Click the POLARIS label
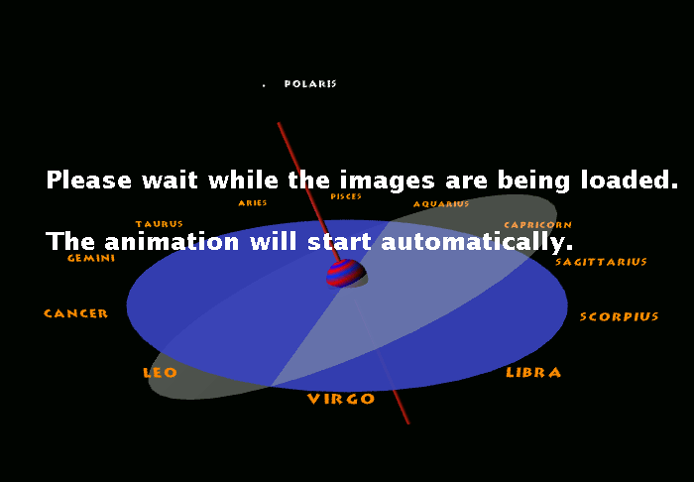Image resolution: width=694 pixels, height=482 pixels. [x=310, y=83]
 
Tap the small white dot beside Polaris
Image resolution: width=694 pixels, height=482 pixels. [x=264, y=85]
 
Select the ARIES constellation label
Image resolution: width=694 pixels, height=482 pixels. [x=253, y=202]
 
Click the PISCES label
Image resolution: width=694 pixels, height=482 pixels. [x=346, y=196]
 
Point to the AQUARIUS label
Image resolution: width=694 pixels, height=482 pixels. [x=441, y=204]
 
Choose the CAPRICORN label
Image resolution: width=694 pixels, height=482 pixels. [x=537, y=225]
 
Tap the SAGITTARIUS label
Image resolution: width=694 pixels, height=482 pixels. [x=601, y=262]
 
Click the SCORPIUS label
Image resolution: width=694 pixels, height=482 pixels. [x=620, y=316]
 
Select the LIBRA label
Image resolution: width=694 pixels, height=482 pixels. [x=533, y=372]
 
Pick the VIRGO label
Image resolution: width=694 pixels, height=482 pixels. [x=341, y=399]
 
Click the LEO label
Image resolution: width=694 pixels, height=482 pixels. [x=160, y=373]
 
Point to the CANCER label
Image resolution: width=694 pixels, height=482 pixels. [x=75, y=313]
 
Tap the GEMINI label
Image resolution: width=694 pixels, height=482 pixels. [x=91, y=258]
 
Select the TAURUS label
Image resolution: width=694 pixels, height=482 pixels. [x=160, y=224]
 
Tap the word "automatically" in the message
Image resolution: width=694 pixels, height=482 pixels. [x=477, y=242]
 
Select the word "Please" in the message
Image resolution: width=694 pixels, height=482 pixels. [x=89, y=180]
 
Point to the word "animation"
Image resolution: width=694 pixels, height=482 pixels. [x=172, y=242]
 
